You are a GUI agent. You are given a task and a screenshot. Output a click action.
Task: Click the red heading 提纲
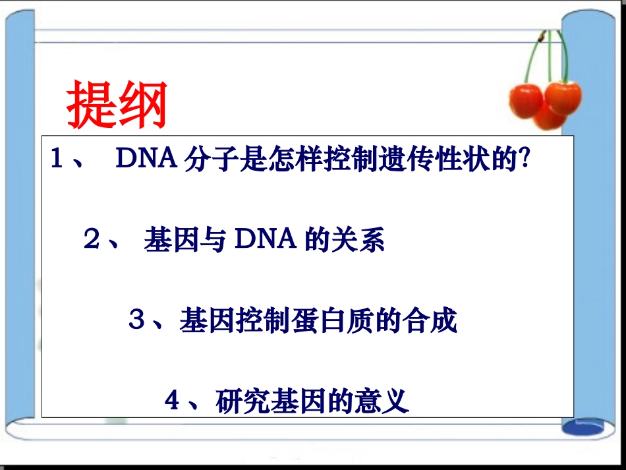117,105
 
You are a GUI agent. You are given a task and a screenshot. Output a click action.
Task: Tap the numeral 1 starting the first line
58,160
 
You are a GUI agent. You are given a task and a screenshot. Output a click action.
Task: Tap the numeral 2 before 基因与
92,240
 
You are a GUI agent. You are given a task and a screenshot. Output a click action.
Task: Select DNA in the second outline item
264,240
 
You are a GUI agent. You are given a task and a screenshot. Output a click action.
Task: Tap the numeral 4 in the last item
173,401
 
